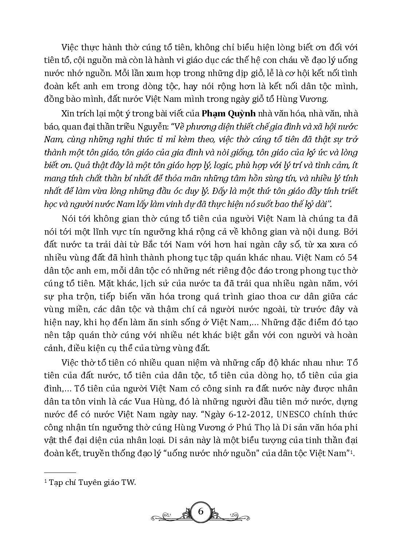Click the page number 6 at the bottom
201,511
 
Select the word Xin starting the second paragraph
68,113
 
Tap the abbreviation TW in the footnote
128,483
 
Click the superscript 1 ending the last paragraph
353,452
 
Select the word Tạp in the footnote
55,483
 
